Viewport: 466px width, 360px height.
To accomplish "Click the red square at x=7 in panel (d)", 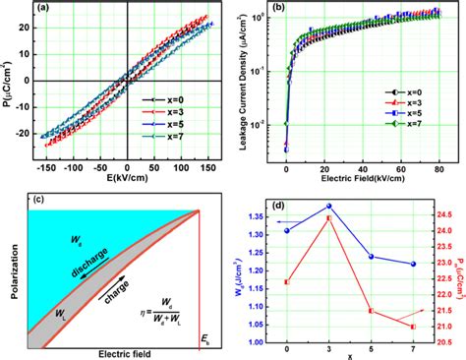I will coord(413,326).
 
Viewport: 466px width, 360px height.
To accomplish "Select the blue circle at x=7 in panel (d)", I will coord(413,264).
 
